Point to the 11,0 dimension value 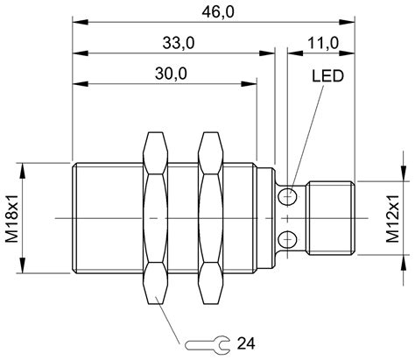click(x=322, y=42)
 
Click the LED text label click(x=326, y=76)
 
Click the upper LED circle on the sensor click(x=285, y=198)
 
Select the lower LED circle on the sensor click(x=285, y=238)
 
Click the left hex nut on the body click(x=155, y=217)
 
